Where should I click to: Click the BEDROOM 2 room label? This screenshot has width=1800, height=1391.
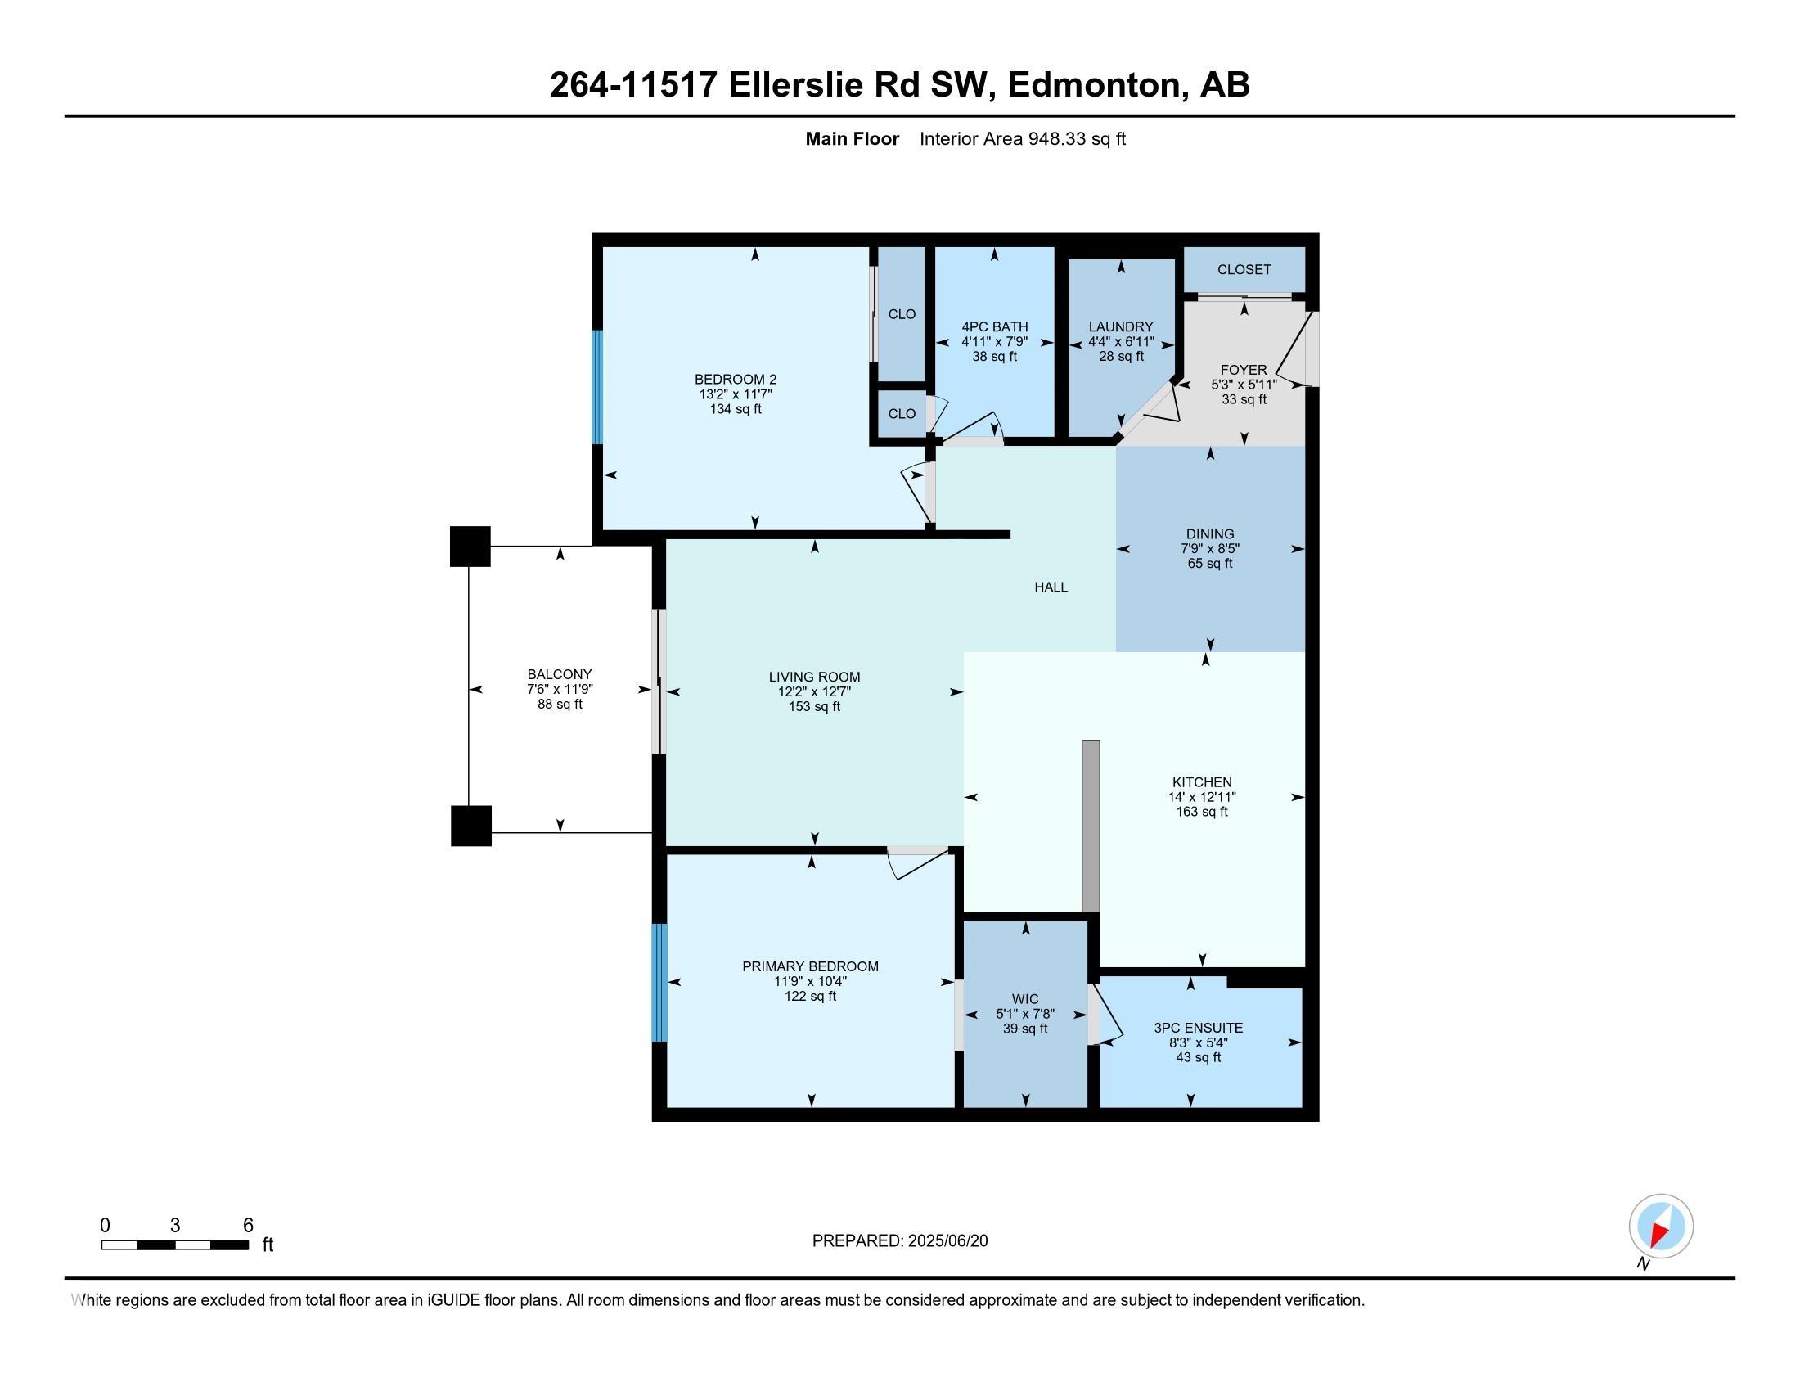[x=736, y=379]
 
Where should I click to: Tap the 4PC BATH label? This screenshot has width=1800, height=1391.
[x=994, y=327]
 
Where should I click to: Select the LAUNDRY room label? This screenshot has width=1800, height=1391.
[x=1120, y=327]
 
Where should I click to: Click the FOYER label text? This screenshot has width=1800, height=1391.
[x=1243, y=370]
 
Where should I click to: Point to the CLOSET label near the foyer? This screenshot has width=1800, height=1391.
[x=1244, y=269]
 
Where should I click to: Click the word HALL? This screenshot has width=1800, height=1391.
[x=1051, y=587]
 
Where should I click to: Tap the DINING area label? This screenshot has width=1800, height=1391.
[x=1209, y=534]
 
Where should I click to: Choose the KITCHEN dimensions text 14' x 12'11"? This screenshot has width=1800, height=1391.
[x=1201, y=797]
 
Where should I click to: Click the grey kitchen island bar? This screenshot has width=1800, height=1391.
[x=1090, y=825]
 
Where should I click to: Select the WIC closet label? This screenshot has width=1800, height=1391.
[x=1025, y=999]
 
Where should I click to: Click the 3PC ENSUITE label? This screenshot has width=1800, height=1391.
[x=1198, y=1028]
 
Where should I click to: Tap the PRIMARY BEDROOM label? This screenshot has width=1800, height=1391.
[x=809, y=966]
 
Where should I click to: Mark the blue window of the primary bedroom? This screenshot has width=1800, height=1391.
[x=659, y=982]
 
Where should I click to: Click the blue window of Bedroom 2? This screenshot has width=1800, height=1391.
[x=597, y=387]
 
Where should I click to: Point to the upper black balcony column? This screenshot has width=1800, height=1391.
[x=470, y=547]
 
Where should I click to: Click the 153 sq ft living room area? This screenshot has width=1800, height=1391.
[x=813, y=706]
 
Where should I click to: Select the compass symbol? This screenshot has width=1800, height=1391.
[x=1660, y=1227]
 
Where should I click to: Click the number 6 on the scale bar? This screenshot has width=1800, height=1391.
[x=247, y=1226]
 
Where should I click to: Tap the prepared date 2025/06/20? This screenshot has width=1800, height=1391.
[x=947, y=1241]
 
